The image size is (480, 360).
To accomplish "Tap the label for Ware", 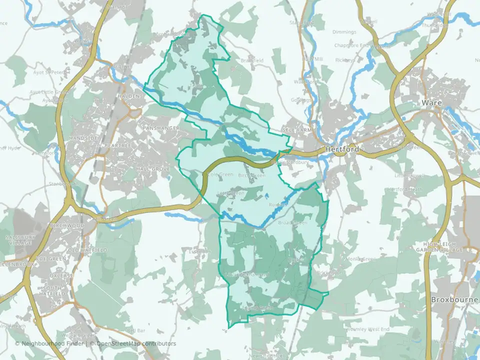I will [x=430, y=102].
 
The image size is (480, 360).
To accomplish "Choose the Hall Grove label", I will [x=153, y=169].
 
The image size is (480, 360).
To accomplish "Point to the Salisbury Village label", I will [x=18, y=239].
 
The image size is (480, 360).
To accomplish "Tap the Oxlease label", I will [x=52, y=274].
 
